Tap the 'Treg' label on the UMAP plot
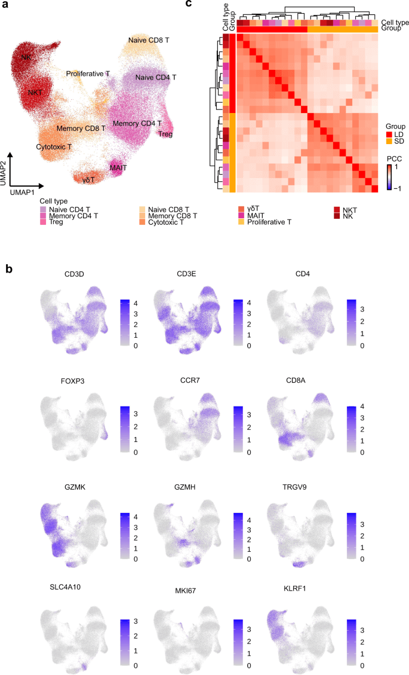165,135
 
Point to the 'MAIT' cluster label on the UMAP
118,167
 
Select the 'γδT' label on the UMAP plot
88,180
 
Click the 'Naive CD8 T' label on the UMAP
149,40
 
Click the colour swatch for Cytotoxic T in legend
142,222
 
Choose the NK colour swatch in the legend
337,216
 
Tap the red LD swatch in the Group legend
389,135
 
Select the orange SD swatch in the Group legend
389,141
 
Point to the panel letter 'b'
9,268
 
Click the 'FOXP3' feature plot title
72,381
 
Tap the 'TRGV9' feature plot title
294,487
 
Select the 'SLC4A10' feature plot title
65,587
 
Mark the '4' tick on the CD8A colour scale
362,407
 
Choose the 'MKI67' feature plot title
185,591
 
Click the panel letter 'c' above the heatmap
188,4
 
